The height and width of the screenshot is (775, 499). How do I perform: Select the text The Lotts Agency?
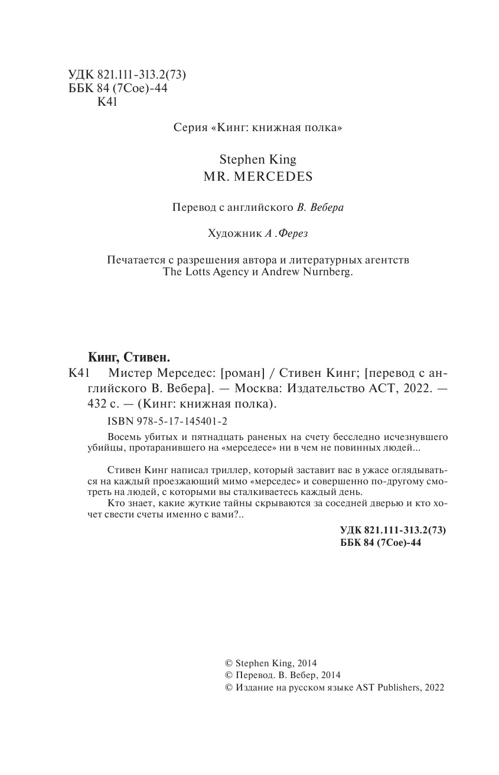tap(201, 273)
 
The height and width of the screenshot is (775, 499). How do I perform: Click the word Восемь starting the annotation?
tap(127, 437)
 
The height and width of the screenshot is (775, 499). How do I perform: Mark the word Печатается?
tap(133, 260)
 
